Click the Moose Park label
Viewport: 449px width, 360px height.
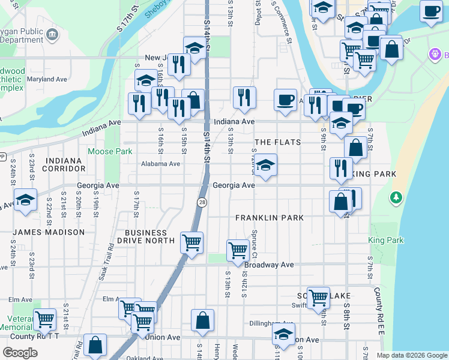coord(110,152)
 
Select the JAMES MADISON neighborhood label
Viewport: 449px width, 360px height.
coord(49,232)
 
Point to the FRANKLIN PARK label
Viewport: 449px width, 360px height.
coord(270,218)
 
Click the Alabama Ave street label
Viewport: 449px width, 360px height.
coord(160,164)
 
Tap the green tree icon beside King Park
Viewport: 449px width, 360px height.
coord(396,197)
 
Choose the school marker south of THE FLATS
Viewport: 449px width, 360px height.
coord(265,165)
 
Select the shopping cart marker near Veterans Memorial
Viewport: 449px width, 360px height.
coord(44,319)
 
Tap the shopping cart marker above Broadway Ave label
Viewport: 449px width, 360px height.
coord(238,249)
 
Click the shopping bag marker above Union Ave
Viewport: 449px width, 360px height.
coord(203,320)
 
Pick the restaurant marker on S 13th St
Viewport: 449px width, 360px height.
coord(244,97)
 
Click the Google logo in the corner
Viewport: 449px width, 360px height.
coord(20,353)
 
